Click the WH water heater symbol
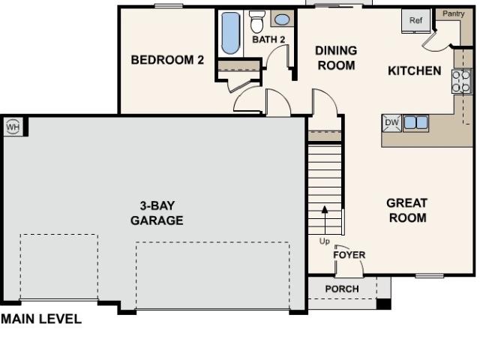[x=13, y=127]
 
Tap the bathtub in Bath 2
[x=230, y=33]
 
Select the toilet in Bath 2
[x=256, y=22]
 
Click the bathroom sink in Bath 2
[x=282, y=19]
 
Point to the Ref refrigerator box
[x=416, y=20]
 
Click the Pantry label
[x=453, y=13]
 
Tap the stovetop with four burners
[x=461, y=82]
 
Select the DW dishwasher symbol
[x=391, y=123]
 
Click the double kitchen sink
[x=415, y=123]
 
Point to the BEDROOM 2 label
[x=167, y=60]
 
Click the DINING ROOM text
[x=336, y=58]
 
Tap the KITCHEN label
[x=415, y=70]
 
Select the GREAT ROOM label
[x=407, y=210]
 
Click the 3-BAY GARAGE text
[x=157, y=213]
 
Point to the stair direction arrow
[x=325, y=220]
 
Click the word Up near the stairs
[x=325, y=241]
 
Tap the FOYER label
[x=349, y=255]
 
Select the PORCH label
[x=342, y=289]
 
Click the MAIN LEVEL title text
[x=41, y=319]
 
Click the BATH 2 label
[x=268, y=40]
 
